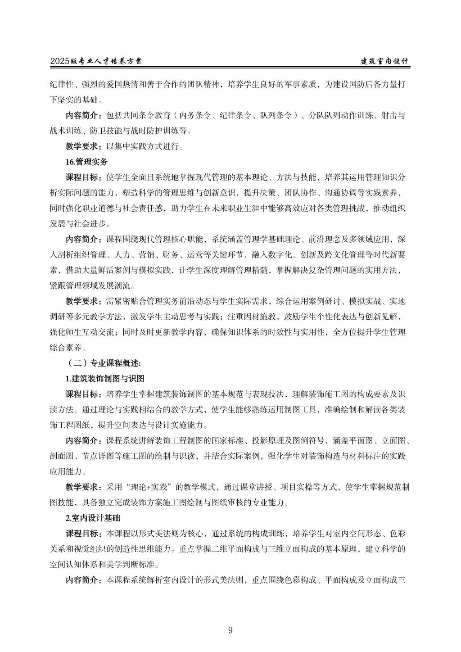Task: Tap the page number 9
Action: (230, 630)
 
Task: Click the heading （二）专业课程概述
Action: (104, 363)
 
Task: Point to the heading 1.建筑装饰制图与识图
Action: (105, 378)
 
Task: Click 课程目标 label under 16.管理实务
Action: (84, 177)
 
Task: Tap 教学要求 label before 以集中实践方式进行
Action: (84, 146)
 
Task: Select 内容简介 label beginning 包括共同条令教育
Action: (84, 115)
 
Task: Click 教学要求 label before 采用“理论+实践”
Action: (84, 487)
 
